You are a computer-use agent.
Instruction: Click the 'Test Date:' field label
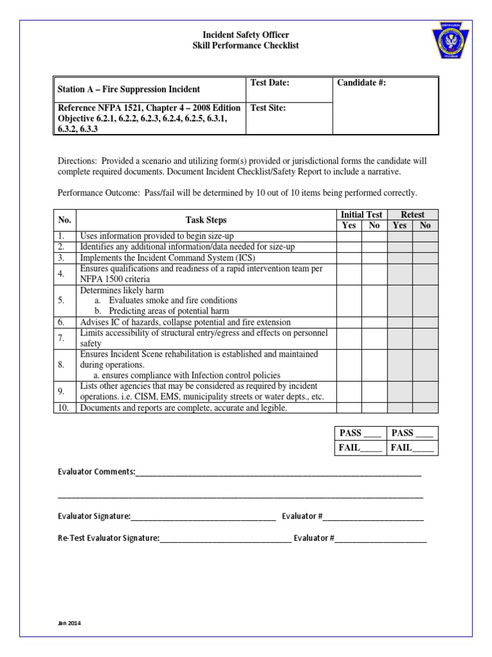coord(270,83)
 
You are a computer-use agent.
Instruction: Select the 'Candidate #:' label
coord(361,83)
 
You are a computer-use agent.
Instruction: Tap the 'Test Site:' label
coord(268,108)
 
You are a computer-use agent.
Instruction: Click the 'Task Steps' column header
coord(206,219)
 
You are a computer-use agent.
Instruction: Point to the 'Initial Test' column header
coord(361,214)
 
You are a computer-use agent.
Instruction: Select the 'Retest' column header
coord(413,214)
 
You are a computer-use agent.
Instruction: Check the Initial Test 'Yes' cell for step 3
coord(349,257)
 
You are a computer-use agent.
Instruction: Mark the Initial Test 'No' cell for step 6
coord(374,321)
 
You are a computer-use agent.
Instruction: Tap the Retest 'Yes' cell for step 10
coord(400,407)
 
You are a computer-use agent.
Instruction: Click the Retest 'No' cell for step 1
coord(425,236)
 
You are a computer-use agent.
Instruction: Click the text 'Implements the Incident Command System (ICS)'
coord(163,257)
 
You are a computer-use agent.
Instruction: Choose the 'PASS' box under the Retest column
coord(412,433)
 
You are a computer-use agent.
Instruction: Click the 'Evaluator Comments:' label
coord(96,472)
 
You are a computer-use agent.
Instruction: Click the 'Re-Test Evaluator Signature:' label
coord(108,538)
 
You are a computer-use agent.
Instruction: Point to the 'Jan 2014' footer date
coord(69,623)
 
